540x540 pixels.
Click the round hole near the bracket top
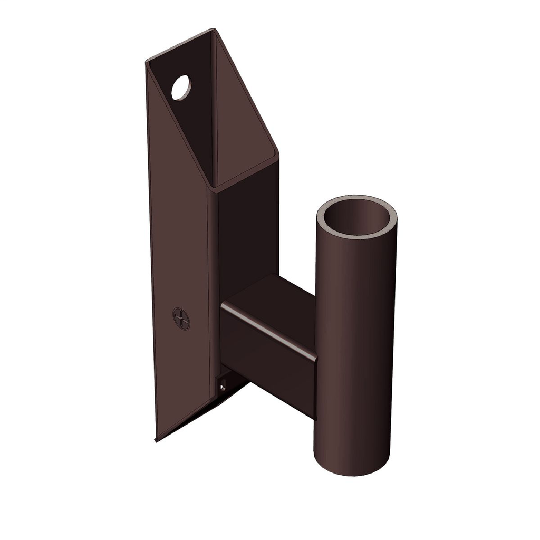[181, 88]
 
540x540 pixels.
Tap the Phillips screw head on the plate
[181, 319]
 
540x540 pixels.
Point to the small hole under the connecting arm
[223, 387]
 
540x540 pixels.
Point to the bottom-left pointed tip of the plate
[156, 439]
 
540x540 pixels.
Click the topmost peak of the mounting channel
[213, 30]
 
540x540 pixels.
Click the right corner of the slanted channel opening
[277, 154]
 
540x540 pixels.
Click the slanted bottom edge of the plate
[200, 414]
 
